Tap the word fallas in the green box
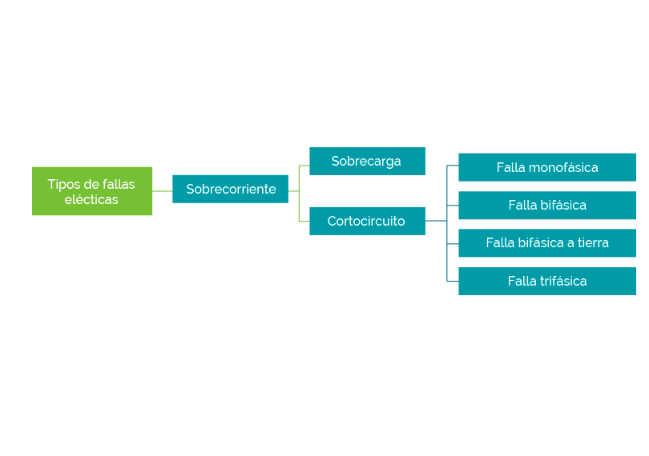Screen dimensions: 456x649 tap(117, 185)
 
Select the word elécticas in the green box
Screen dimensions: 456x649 tap(91, 200)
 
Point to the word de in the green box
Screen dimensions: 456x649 tap(90, 185)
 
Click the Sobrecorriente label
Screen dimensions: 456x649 tap(231, 190)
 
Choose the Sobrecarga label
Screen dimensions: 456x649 tap(366, 162)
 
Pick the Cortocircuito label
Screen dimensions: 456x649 tap(366, 222)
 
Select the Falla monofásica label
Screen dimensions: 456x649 tap(547, 168)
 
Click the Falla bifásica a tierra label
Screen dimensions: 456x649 tap(547, 243)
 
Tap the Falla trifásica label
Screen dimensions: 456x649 tap(547, 282)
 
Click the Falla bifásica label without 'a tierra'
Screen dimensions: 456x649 tap(547, 206)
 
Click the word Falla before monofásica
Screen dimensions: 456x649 tap(510, 168)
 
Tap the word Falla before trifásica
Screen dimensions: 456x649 tap(522, 282)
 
